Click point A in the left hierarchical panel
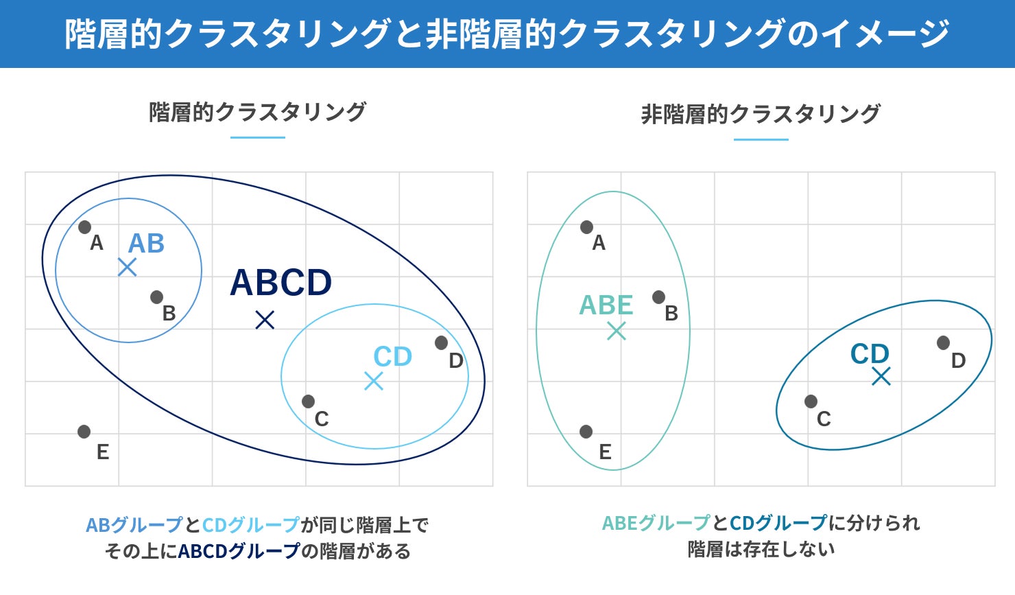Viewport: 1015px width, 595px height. point(85,226)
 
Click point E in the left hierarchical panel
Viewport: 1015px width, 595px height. point(84,431)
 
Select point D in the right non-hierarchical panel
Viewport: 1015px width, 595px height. point(944,342)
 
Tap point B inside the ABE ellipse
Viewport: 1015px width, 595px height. point(659,297)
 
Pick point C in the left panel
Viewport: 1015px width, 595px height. point(308,401)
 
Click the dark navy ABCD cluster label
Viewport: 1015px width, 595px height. point(281,282)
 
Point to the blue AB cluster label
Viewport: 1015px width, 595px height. point(146,243)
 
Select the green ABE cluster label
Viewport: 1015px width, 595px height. point(606,305)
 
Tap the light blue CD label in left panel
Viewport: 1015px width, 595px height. point(392,356)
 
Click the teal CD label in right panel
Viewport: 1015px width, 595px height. point(870,353)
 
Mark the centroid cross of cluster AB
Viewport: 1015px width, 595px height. point(128,267)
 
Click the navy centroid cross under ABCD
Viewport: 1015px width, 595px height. point(265,320)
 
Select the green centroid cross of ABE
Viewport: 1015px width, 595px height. point(617,331)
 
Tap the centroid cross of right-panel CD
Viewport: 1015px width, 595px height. point(881,376)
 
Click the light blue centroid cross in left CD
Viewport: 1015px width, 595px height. point(374,381)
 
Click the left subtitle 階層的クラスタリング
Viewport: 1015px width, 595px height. point(257,112)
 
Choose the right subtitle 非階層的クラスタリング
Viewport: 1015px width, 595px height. point(761,114)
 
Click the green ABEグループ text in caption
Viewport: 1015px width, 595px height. point(656,523)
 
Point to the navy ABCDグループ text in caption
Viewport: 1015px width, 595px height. point(239,551)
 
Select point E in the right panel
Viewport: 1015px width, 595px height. point(586,431)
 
